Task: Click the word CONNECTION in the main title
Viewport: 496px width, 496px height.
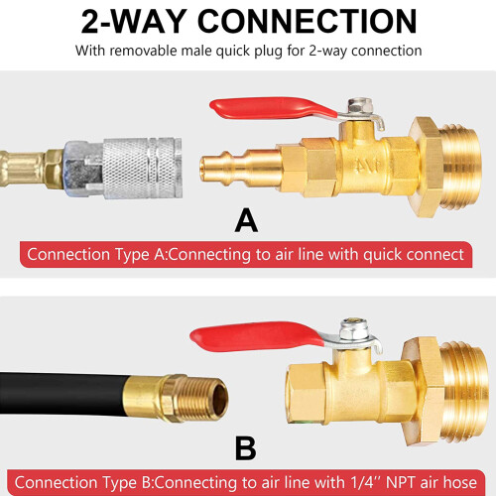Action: click(x=307, y=22)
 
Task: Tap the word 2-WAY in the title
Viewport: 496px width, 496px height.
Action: click(x=133, y=22)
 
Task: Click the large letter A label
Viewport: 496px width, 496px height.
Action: click(x=246, y=220)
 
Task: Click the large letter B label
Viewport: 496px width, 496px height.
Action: click(x=246, y=448)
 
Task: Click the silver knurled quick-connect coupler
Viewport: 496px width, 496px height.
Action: click(x=143, y=168)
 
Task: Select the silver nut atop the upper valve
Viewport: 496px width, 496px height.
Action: click(x=360, y=106)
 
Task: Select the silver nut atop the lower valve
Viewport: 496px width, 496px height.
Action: click(x=354, y=330)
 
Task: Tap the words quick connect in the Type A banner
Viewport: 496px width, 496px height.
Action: click(x=414, y=254)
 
